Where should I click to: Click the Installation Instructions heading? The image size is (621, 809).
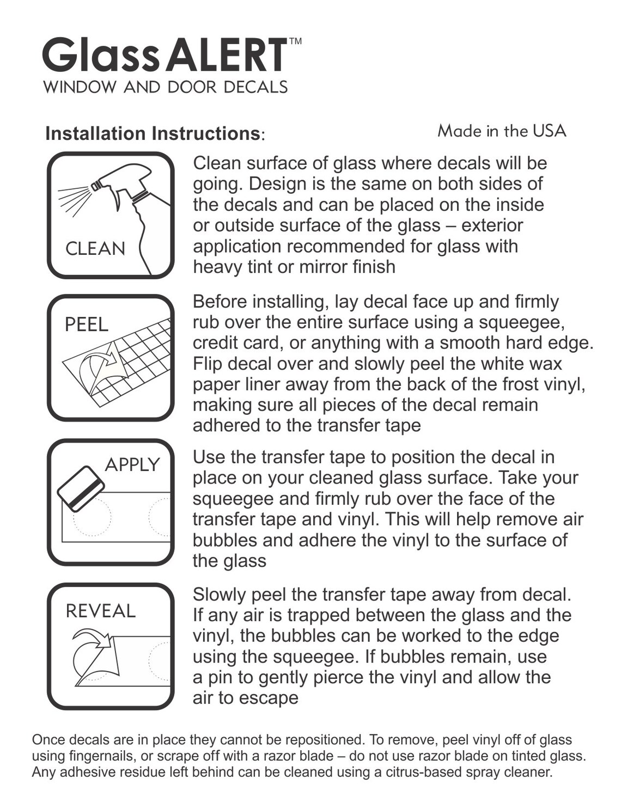[x=155, y=134]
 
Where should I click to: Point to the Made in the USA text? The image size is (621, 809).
[x=502, y=131]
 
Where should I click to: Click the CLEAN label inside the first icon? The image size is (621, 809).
[x=95, y=249]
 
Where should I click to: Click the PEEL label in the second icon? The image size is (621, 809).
[x=87, y=324]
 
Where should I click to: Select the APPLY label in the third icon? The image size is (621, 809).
[x=132, y=464]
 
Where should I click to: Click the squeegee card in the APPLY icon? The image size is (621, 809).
[x=81, y=488]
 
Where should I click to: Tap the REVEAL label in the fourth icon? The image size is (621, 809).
[x=101, y=611]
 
